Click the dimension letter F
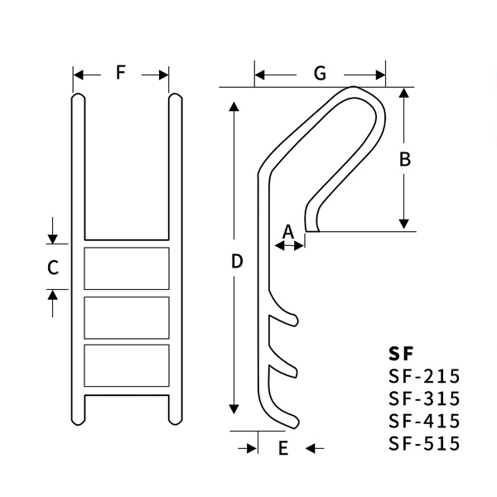point(121,73)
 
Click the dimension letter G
point(319,74)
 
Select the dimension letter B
point(405,160)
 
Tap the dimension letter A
point(289,231)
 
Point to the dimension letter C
point(52,268)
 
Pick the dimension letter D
point(236,261)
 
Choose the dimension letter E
point(282,450)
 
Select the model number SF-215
point(423,377)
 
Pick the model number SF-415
point(423,421)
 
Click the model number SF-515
point(423,443)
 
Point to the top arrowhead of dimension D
point(236,106)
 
